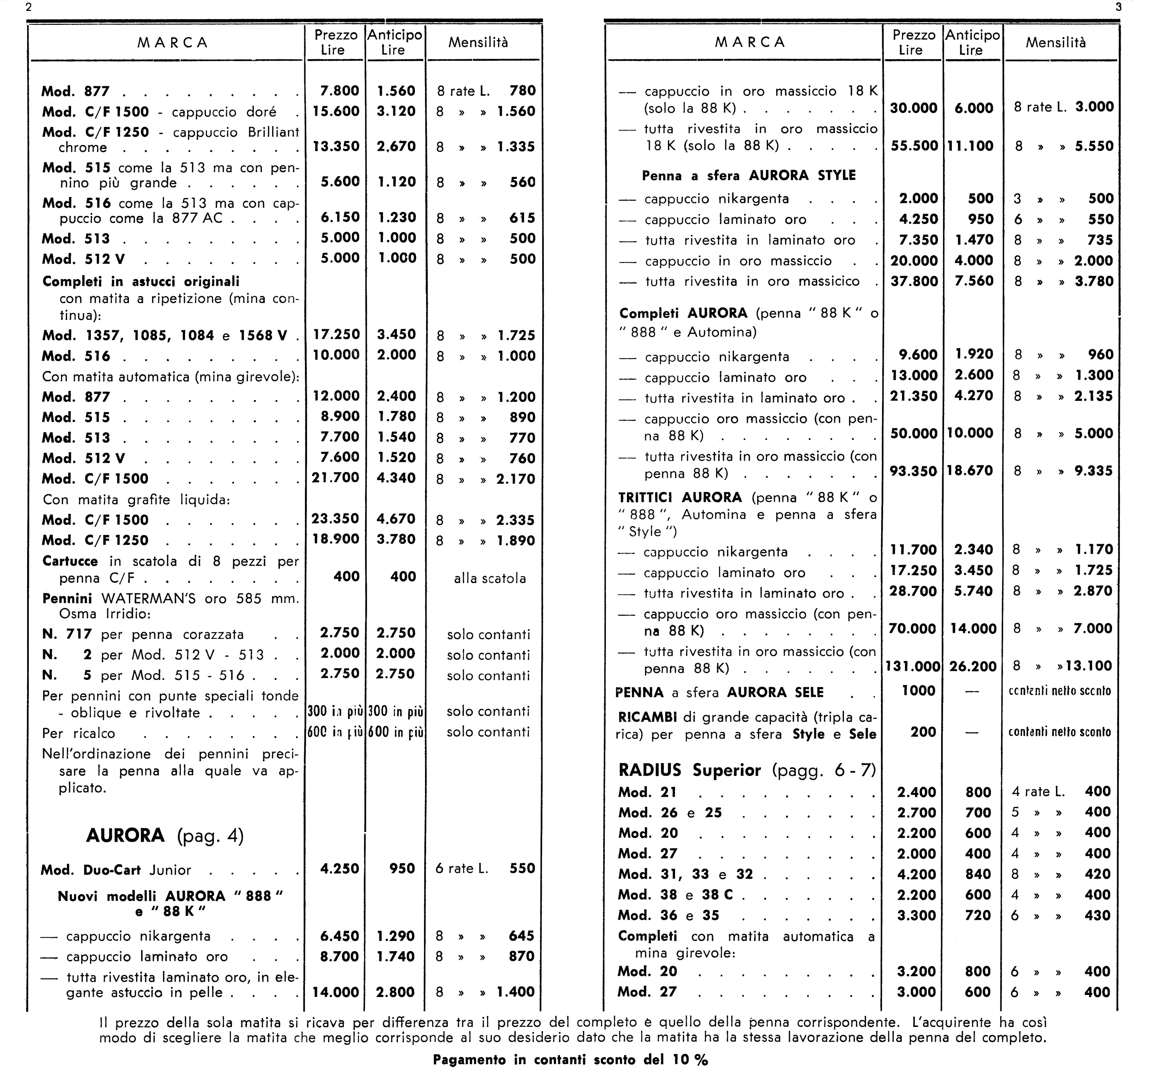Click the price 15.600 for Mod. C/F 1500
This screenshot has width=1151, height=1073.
[x=336, y=111]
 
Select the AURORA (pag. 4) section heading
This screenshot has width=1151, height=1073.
[x=165, y=835]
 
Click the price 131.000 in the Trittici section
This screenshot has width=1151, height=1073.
[x=913, y=666]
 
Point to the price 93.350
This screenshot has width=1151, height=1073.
[x=913, y=471]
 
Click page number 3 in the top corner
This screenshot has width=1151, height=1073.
[x=1118, y=7]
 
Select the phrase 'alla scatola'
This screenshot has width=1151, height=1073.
[x=490, y=578]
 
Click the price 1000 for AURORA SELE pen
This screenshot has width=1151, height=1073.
[x=918, y=691]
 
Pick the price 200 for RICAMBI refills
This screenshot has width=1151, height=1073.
[x=923, y=732]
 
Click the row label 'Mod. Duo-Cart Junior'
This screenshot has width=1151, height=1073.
[x=116, y=870]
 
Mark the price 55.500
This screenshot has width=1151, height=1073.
[x=914, y=145]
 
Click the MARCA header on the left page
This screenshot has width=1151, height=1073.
[x=173, y=43]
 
